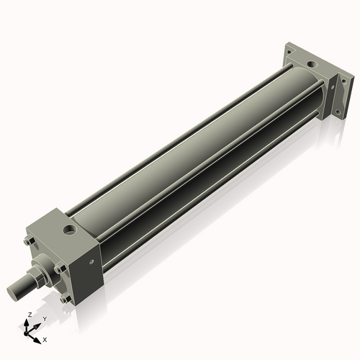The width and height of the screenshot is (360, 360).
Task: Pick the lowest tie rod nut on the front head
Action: click(66, 298)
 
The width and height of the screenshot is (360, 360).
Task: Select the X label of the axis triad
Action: click(45, 338)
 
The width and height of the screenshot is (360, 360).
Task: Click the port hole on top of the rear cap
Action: click(312, 67)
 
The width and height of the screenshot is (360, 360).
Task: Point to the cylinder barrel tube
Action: click(194, 158)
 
